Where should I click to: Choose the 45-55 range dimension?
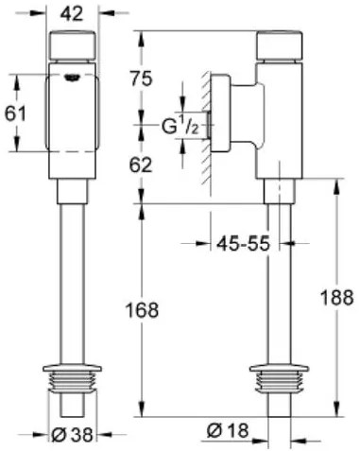[232, 243]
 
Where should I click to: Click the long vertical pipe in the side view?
[281, 284]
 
